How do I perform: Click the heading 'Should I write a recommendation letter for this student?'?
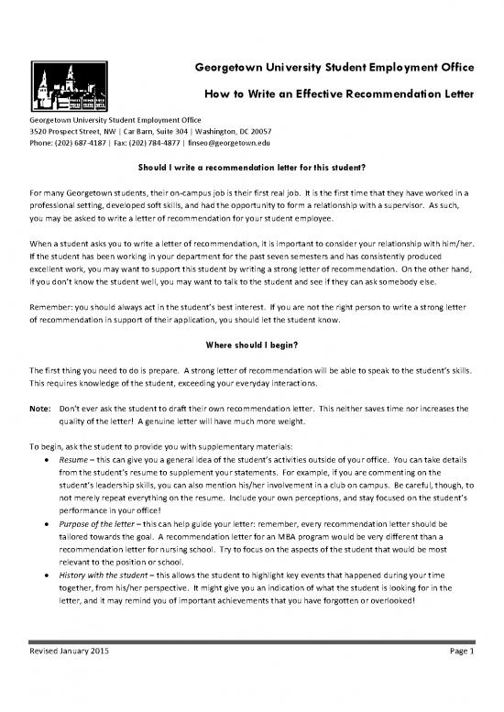(x=252, y=169)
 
